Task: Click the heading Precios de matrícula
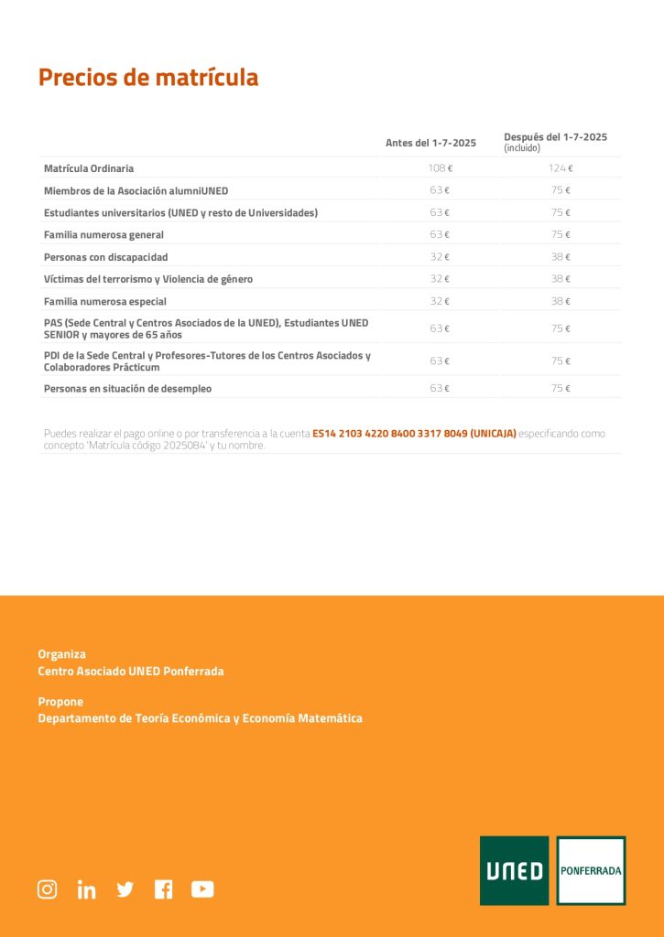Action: click(x=148, y=78)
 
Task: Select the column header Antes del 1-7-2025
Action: click(x=430, y=143)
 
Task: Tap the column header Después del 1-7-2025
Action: click(x=555, y=137)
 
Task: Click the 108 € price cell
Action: click(x=441, y=168)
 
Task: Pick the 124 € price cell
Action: click(x=561, y=168)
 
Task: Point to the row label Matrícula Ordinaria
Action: click(x=89, y=168)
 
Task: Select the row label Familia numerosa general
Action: click(x=103, y=235)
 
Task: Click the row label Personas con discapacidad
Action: click(x=105, y=257)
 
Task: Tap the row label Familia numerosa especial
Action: click(x=104, y=301)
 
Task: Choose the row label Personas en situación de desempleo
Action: click(x=127, y=389)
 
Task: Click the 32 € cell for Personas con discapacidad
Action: click(x=441, y=257)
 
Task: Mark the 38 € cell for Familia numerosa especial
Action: click(x=561, y=301)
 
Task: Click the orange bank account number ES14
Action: click(x=414, y=434)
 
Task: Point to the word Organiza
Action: click(x=61, y=654)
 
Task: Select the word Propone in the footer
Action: click(x=60, y=702)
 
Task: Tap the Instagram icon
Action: click(x=47, y=889)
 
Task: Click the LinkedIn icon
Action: click(x=86, y=889)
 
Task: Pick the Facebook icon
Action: click(x=163, y=889)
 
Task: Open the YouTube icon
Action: click(x=202, y=889)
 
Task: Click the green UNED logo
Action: click(x=514, y=870)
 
